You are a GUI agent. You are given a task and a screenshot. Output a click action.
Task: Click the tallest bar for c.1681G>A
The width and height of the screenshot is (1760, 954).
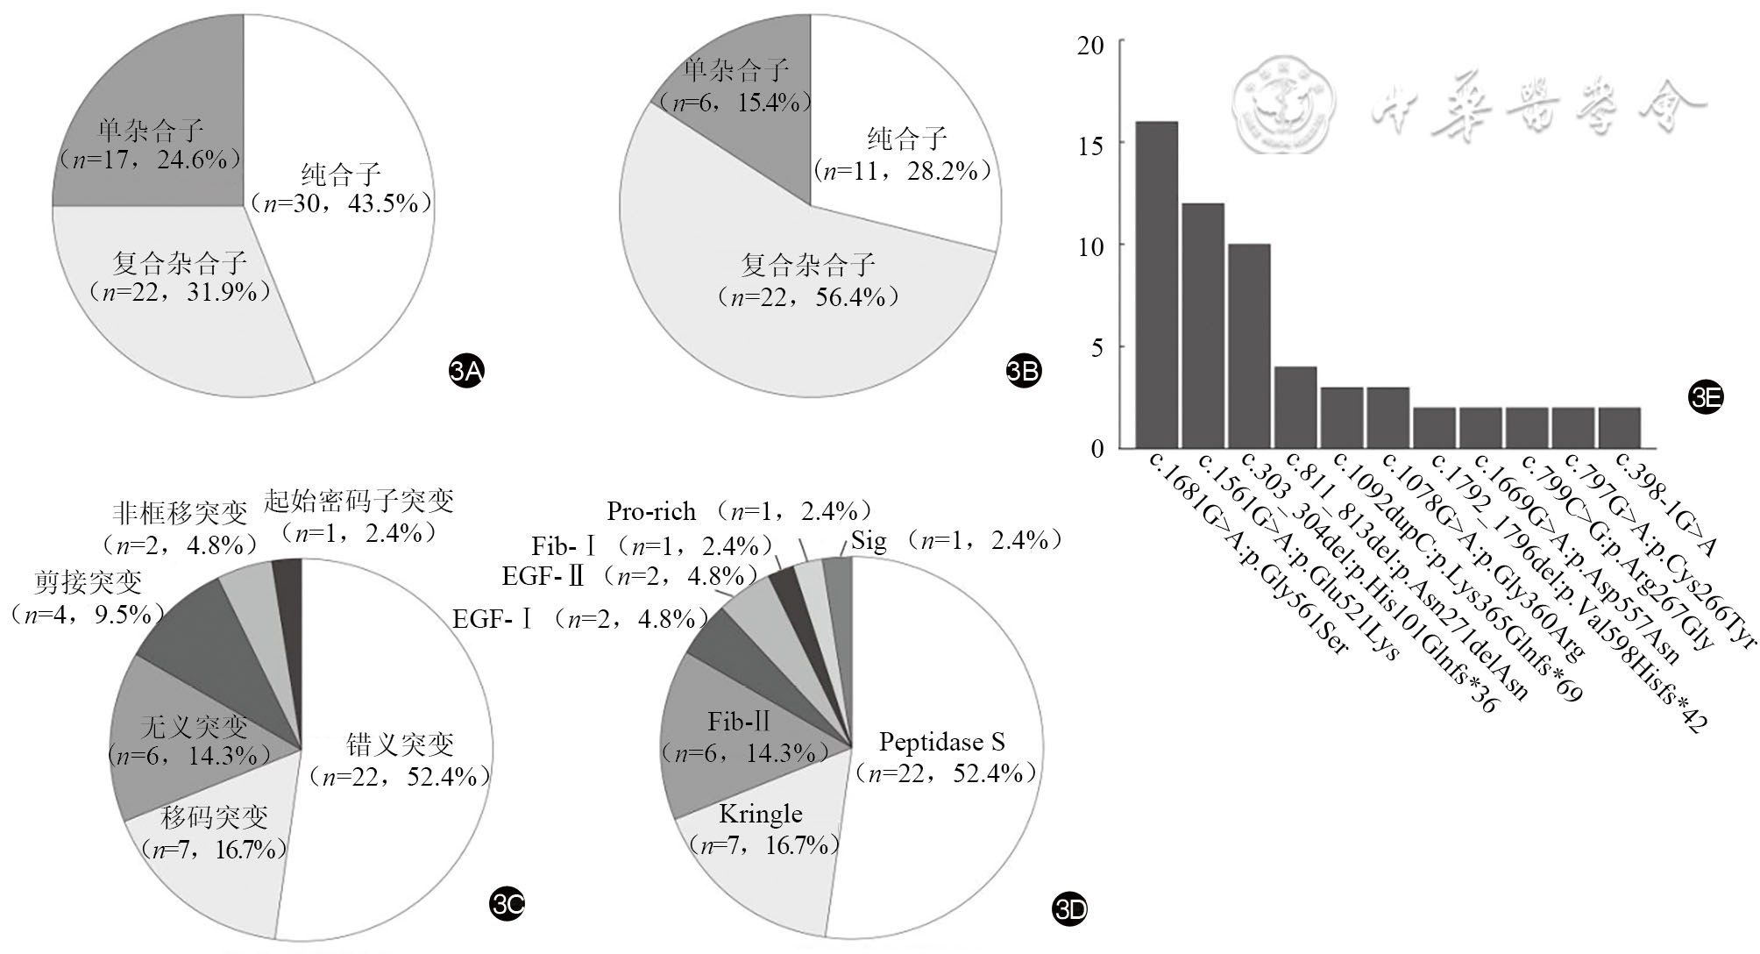1156,285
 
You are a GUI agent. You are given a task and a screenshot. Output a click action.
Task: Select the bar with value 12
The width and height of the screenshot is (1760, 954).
1203,325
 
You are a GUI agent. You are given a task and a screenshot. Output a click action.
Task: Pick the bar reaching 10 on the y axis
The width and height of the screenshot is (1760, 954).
1249,346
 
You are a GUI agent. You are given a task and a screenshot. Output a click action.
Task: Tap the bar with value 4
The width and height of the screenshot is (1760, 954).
1295,407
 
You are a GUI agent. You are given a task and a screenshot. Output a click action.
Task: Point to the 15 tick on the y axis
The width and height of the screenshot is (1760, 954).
1091,145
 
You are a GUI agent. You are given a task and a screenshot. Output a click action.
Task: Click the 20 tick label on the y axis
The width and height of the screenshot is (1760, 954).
1091,44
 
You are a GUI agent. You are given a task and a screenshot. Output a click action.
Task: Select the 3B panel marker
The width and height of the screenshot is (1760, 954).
1023,372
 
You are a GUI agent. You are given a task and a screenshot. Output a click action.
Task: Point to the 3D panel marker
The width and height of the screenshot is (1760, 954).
1068,910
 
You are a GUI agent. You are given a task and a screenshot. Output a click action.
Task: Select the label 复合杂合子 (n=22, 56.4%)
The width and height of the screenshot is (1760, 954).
808,281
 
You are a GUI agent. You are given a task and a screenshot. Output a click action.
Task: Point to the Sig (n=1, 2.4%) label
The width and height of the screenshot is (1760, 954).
955,541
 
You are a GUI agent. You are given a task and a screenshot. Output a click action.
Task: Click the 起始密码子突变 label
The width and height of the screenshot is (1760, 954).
358,516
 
